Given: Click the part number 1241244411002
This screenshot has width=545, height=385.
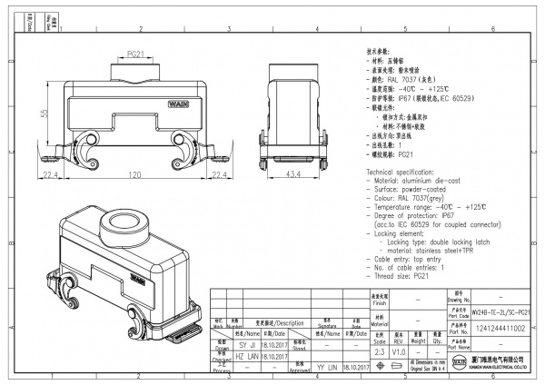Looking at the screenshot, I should tap(500, 330).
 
